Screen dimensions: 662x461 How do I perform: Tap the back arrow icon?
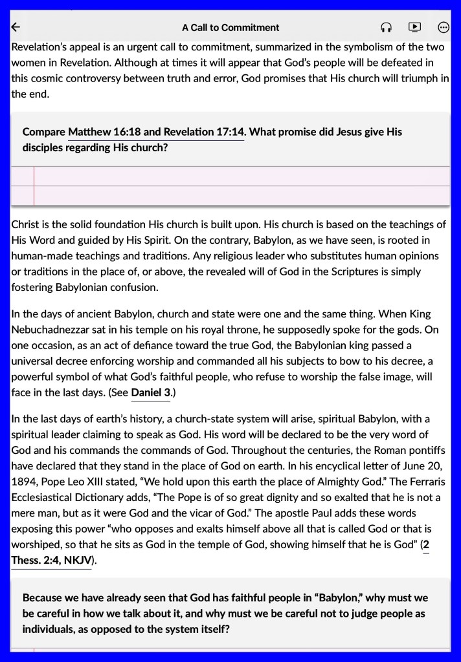(16, 27)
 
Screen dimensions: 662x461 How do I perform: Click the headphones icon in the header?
(387, 27)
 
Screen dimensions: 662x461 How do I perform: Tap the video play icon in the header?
(415, 27)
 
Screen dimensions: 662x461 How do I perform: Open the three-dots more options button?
(444, 27)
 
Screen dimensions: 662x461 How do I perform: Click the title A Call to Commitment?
(231, 27)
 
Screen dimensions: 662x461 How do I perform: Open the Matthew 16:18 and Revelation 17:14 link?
(155, 132)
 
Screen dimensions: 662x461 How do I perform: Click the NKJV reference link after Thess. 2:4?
(78, 560)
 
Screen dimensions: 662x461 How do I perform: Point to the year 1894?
(25, 482)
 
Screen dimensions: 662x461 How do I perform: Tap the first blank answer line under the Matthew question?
(240, 176)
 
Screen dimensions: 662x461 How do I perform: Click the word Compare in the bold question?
(44, 132)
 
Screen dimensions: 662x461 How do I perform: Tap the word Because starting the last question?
(44, 598)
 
